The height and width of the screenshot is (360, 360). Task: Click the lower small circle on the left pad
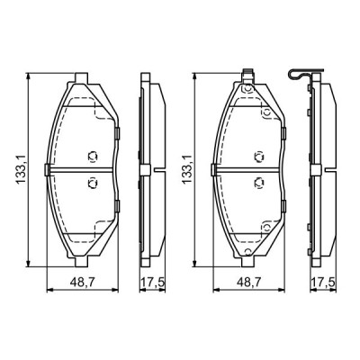(x=90, y=184)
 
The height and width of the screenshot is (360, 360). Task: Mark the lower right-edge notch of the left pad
(x=119, y=205)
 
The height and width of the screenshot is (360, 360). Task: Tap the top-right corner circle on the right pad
(x=268, y=112)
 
